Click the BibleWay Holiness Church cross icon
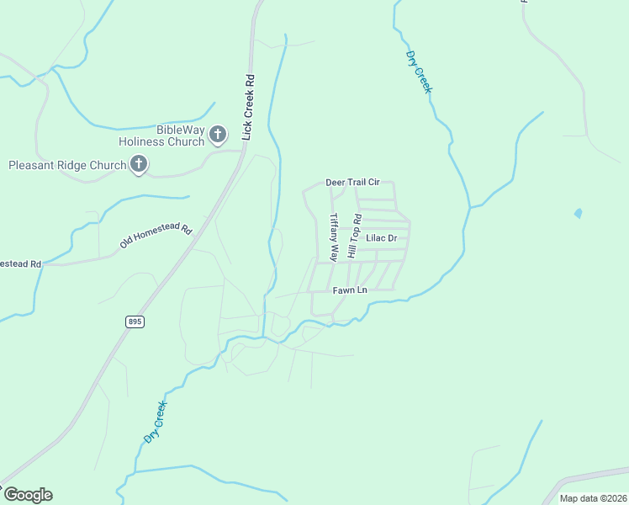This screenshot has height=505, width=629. [218, 134]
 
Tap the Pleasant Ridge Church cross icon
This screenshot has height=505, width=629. [139, 165]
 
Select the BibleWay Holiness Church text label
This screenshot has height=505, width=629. [180, 136]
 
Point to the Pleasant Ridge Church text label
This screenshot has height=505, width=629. [67, 165]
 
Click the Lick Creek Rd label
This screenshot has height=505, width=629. [247, 107]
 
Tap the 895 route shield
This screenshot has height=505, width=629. [135, 322]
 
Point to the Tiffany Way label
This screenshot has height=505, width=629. [334, 236]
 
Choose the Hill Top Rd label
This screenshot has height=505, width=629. [355, 237]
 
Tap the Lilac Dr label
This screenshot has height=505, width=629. [381, 239]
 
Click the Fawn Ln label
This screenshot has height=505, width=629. [350, 290]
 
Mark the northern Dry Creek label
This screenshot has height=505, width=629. [418, 72]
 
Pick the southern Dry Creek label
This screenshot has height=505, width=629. [155, 423]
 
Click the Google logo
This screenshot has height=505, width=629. [28, 495]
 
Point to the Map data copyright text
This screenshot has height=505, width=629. [593, 498]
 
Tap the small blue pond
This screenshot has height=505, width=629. [578, 214]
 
